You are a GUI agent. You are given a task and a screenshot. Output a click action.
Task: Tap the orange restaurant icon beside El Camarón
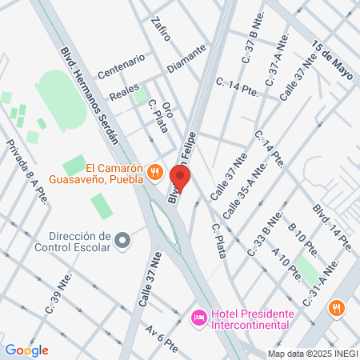coord(156,172)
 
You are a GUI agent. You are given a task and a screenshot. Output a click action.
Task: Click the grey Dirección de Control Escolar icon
coord(122,240)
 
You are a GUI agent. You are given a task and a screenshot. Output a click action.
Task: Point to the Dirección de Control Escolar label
coord(78,241)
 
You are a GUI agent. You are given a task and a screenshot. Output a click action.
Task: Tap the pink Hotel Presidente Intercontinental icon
coord(198,318)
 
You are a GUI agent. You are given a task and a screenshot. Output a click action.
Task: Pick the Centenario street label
coord(121,66)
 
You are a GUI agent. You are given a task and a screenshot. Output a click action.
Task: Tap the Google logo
coord(26,350)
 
